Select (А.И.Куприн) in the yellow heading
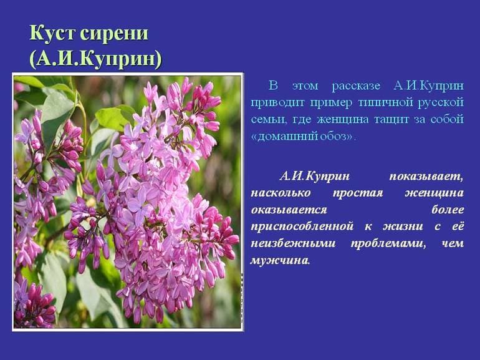95,59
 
